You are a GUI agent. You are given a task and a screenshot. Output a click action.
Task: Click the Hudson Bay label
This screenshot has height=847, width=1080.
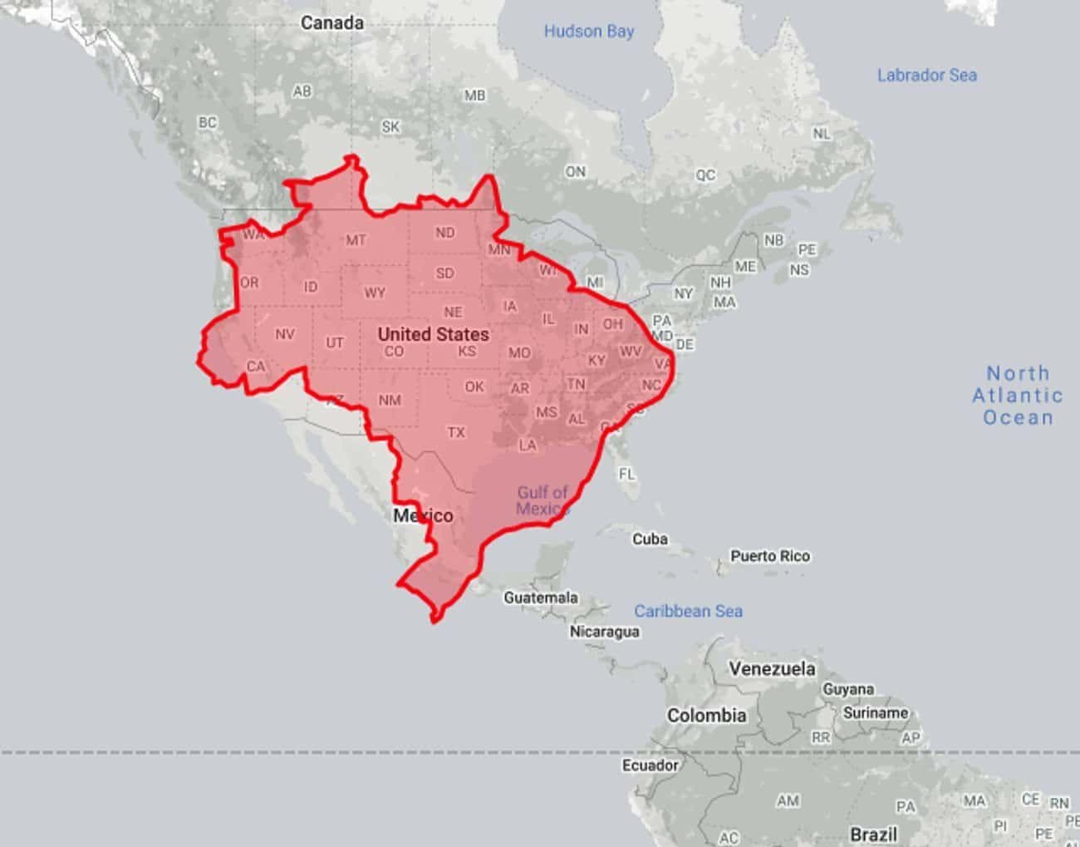click(588, 32)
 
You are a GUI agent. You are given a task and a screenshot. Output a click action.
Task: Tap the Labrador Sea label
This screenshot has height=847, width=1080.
click(926, 75)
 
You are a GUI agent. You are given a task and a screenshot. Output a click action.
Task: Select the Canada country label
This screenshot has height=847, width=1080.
click(332, 22)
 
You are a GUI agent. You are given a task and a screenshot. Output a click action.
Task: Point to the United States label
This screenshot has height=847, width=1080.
click(433, 334)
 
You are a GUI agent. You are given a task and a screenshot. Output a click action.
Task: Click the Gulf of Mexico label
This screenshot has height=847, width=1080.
click(542, 500)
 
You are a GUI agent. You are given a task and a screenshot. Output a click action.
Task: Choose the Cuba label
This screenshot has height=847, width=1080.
click(650, 539)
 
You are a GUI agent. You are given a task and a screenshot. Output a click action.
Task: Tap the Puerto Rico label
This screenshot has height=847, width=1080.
click(769, 555)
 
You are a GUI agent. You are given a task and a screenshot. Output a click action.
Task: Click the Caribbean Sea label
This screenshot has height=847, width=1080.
click(688, 611)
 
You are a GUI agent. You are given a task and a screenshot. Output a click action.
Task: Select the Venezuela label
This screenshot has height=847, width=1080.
click(772, 668)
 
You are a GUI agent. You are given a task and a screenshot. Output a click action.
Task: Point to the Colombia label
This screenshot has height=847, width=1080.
click(706, 715)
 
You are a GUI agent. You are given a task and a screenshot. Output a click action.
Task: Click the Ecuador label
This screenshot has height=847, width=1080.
click(650, 765)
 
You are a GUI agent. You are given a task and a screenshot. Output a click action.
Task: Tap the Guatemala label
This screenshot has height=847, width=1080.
click(540, 597)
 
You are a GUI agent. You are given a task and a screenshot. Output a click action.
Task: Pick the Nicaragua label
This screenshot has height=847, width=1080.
click(604, 631)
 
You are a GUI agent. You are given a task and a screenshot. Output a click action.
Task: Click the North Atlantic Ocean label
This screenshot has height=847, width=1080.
click(1018, 396)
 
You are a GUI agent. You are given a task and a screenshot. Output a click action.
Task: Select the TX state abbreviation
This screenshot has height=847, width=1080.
click(456, 432)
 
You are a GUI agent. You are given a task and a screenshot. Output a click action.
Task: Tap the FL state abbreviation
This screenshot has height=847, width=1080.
click(626, 474)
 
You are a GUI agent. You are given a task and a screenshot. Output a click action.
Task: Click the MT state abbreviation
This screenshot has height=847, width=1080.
click(356, 240)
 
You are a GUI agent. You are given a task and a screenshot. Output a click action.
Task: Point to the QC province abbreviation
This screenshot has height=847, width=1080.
click(705, 175)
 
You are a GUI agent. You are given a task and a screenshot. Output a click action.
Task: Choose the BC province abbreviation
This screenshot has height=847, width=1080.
click(207, 122)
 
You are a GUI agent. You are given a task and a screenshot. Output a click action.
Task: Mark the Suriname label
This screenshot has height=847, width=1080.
click(875, 712)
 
